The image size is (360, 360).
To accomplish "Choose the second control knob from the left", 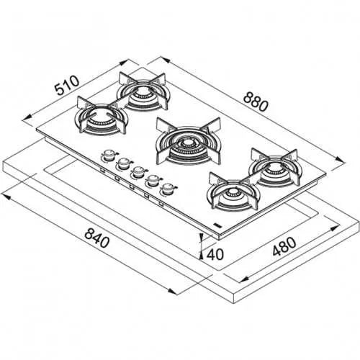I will pyautogui.click(x=124, y=163).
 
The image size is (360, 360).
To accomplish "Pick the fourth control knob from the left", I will pyautogui.click(x=153, y=181).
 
